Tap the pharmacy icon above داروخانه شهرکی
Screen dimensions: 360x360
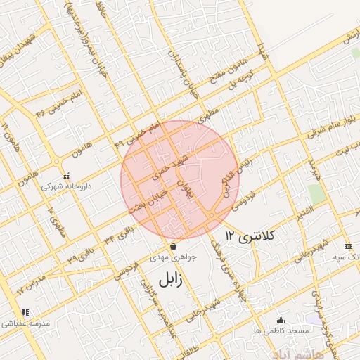(66, 176)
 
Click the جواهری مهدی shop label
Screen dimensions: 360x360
(172, 258)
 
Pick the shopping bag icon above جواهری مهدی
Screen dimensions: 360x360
(173, 247)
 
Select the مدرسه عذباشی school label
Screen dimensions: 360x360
(25, 323)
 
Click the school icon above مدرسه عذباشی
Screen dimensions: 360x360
(25, 312)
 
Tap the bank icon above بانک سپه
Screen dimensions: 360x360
(349, 246)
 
